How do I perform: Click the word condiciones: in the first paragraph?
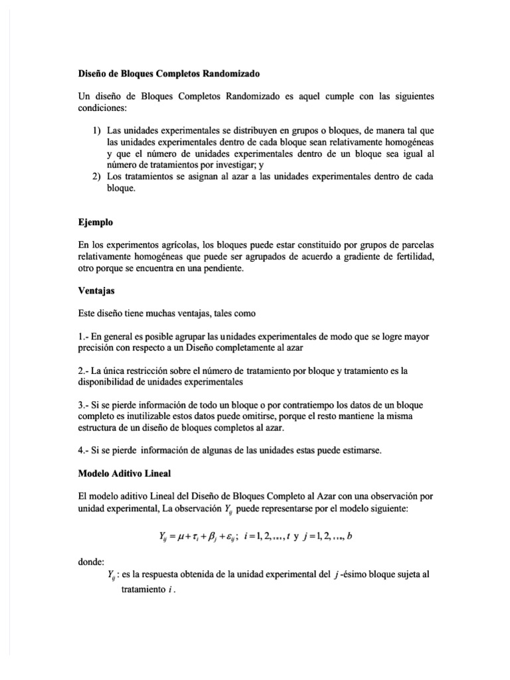coord(106,109)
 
